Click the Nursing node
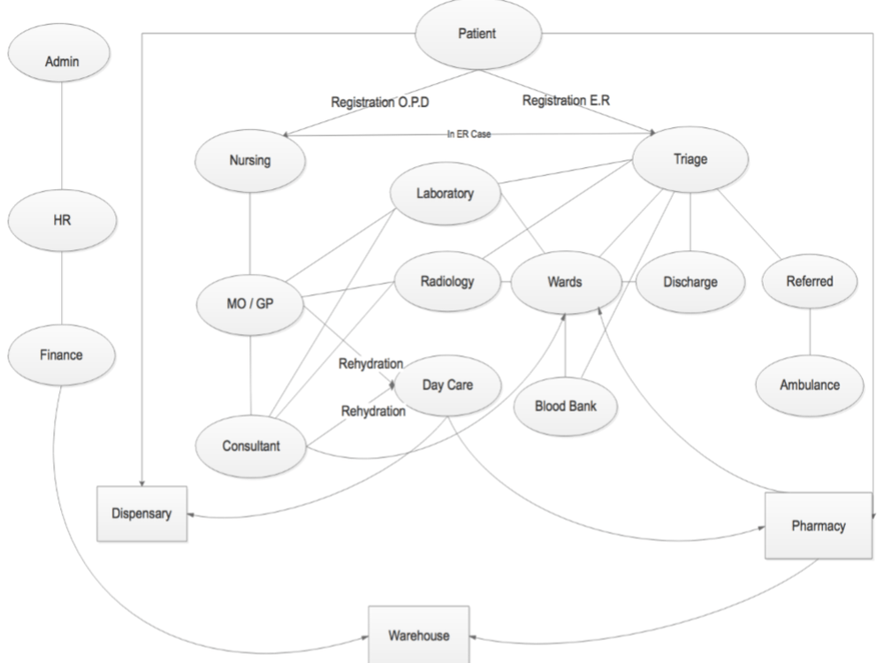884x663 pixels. click(x=249, y=162)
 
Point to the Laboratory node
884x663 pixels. click(x=446, y=192)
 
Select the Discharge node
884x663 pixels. click(x=690, y=283)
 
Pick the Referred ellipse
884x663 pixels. click(x=809, y=283)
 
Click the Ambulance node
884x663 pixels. click(x=809, y=385)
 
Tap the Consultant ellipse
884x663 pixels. click(x=249, y=446)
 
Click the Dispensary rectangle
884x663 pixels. click(x=141, y=513)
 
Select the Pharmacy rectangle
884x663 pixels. click(x=819, y=526)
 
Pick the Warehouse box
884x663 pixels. click(x=420, y=635)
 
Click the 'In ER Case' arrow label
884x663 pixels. click(x=469, y=134)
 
